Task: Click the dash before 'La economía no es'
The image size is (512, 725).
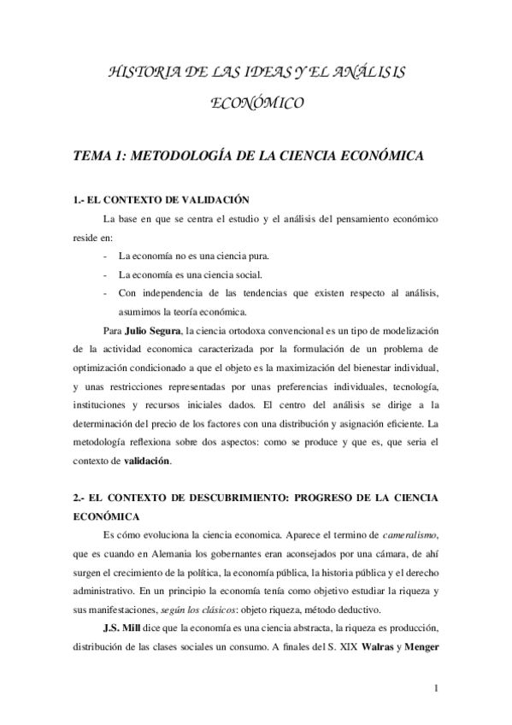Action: [104, 256]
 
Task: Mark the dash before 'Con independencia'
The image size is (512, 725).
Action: [104, 293]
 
